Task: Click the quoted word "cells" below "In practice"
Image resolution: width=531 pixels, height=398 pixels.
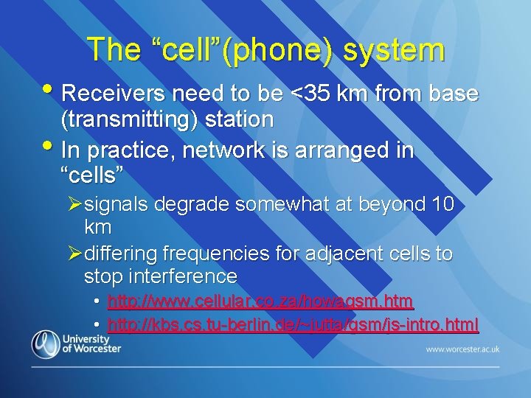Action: [x=91, y=175]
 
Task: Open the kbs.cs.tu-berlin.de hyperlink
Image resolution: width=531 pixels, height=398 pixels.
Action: [x=293, y=324]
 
